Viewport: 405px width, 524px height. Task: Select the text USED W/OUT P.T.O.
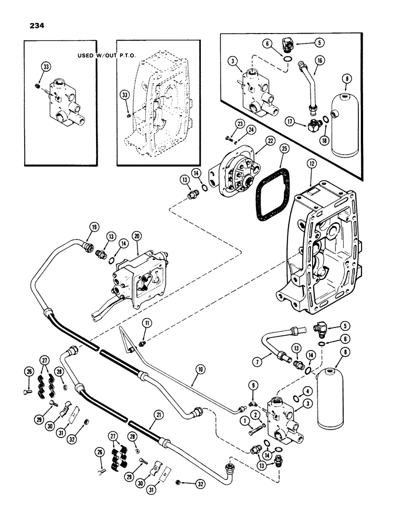pos(97,56)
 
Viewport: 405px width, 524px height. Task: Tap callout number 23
pos(225,124)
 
